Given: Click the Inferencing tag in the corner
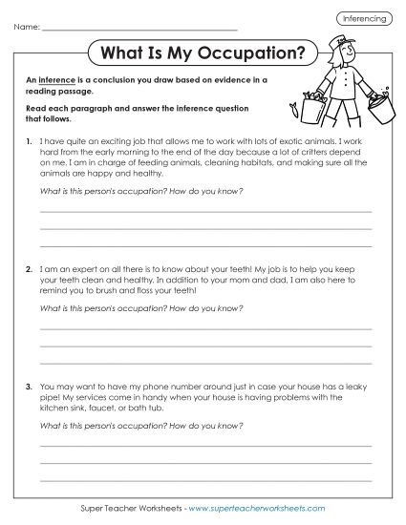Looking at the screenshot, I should click(365, 18).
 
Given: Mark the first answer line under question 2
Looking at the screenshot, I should click(205, 328).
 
